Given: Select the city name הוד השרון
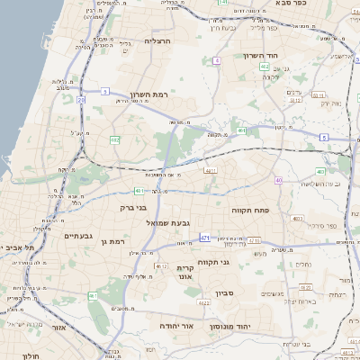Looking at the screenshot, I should pos(264,55).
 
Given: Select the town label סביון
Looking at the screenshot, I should pos(224,293).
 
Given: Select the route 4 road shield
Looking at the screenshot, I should pos(217,60).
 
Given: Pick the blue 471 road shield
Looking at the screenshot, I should pos(205,238).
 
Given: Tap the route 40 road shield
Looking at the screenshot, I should pos(279,181).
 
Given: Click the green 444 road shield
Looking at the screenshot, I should pos(240,131).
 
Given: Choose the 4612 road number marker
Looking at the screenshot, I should pos(161,266).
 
